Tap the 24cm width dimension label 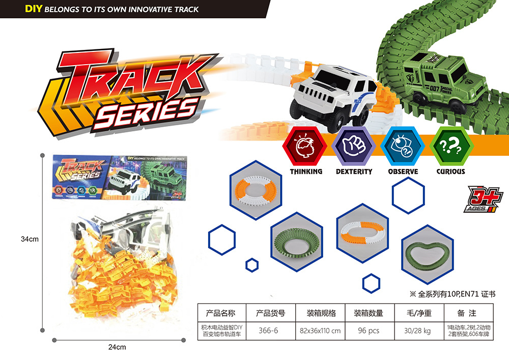click(x=117, y=347)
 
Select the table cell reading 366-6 click(x=268, y=330)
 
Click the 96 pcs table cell click(x=369, y=330)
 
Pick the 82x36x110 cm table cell click(x=320, y=330)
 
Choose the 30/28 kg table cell click(x=417, y=330)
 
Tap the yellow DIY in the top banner click(x=34, y=9)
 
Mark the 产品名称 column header click(x=220, y=313)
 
